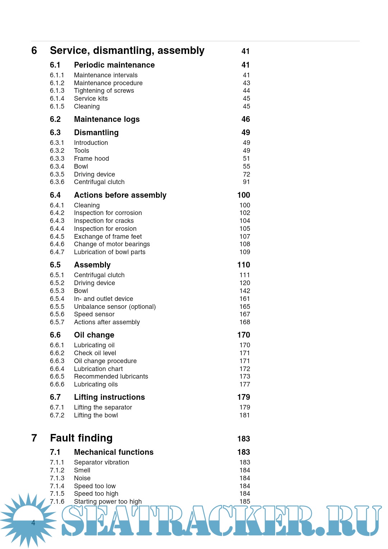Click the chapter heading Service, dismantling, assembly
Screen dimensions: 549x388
(x=127, y=51)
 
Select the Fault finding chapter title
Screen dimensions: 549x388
(x=81, y=438)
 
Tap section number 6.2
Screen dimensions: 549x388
(x=55, y=119)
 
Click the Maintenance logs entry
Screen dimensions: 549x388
(x=107, y=119)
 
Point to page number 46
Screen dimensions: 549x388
(x=246, y=119)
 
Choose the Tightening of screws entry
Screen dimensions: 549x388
(x=104, y=91)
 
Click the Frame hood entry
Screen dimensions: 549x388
(x=91, y=159)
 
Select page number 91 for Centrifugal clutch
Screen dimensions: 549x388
(x=246, y=182)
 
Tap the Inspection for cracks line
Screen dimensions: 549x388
(x=104, y=221)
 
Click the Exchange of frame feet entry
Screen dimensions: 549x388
(x=108, y=237)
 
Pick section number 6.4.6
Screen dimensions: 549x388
(x=57, y=244)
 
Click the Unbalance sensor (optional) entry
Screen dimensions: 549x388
(x=115, y=307)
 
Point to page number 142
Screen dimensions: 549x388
(x=245, y=291)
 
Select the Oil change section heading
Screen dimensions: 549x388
(x=94, y=335)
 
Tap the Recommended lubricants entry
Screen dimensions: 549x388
(x=111, y=376)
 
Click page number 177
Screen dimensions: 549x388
(x=245, y=384)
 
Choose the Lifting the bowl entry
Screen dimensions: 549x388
(x=96, y=415)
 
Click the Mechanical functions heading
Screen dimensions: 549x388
(x=114, y=452)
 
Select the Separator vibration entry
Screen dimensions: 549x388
(x=101, y=462)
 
